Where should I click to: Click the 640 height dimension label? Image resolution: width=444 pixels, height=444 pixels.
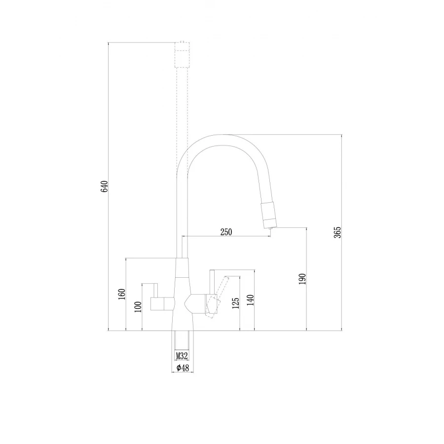point(105,186)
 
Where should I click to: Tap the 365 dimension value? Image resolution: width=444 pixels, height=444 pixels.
point(337,232)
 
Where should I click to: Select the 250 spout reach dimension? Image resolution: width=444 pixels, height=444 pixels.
point(226,232)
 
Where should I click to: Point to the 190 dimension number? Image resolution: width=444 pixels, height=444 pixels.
point(302,279)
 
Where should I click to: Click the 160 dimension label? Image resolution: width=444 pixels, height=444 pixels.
point(122,294)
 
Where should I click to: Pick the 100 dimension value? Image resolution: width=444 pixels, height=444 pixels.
point(138,307)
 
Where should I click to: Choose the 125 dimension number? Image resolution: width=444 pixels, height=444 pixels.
point(236,303)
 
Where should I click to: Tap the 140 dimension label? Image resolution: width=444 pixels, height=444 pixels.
point(251,300)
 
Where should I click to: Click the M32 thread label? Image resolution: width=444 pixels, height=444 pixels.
point(182,356)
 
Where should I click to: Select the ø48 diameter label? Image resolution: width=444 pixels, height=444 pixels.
point(183,368)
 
